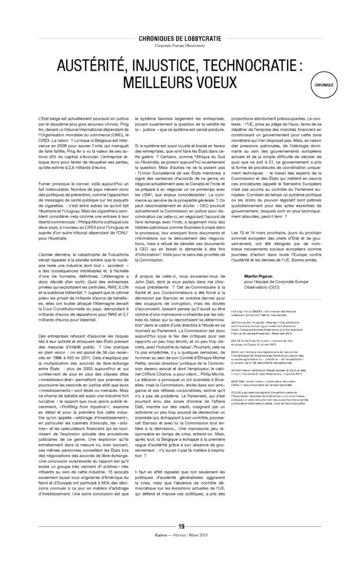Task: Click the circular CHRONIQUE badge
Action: pos(325,87)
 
